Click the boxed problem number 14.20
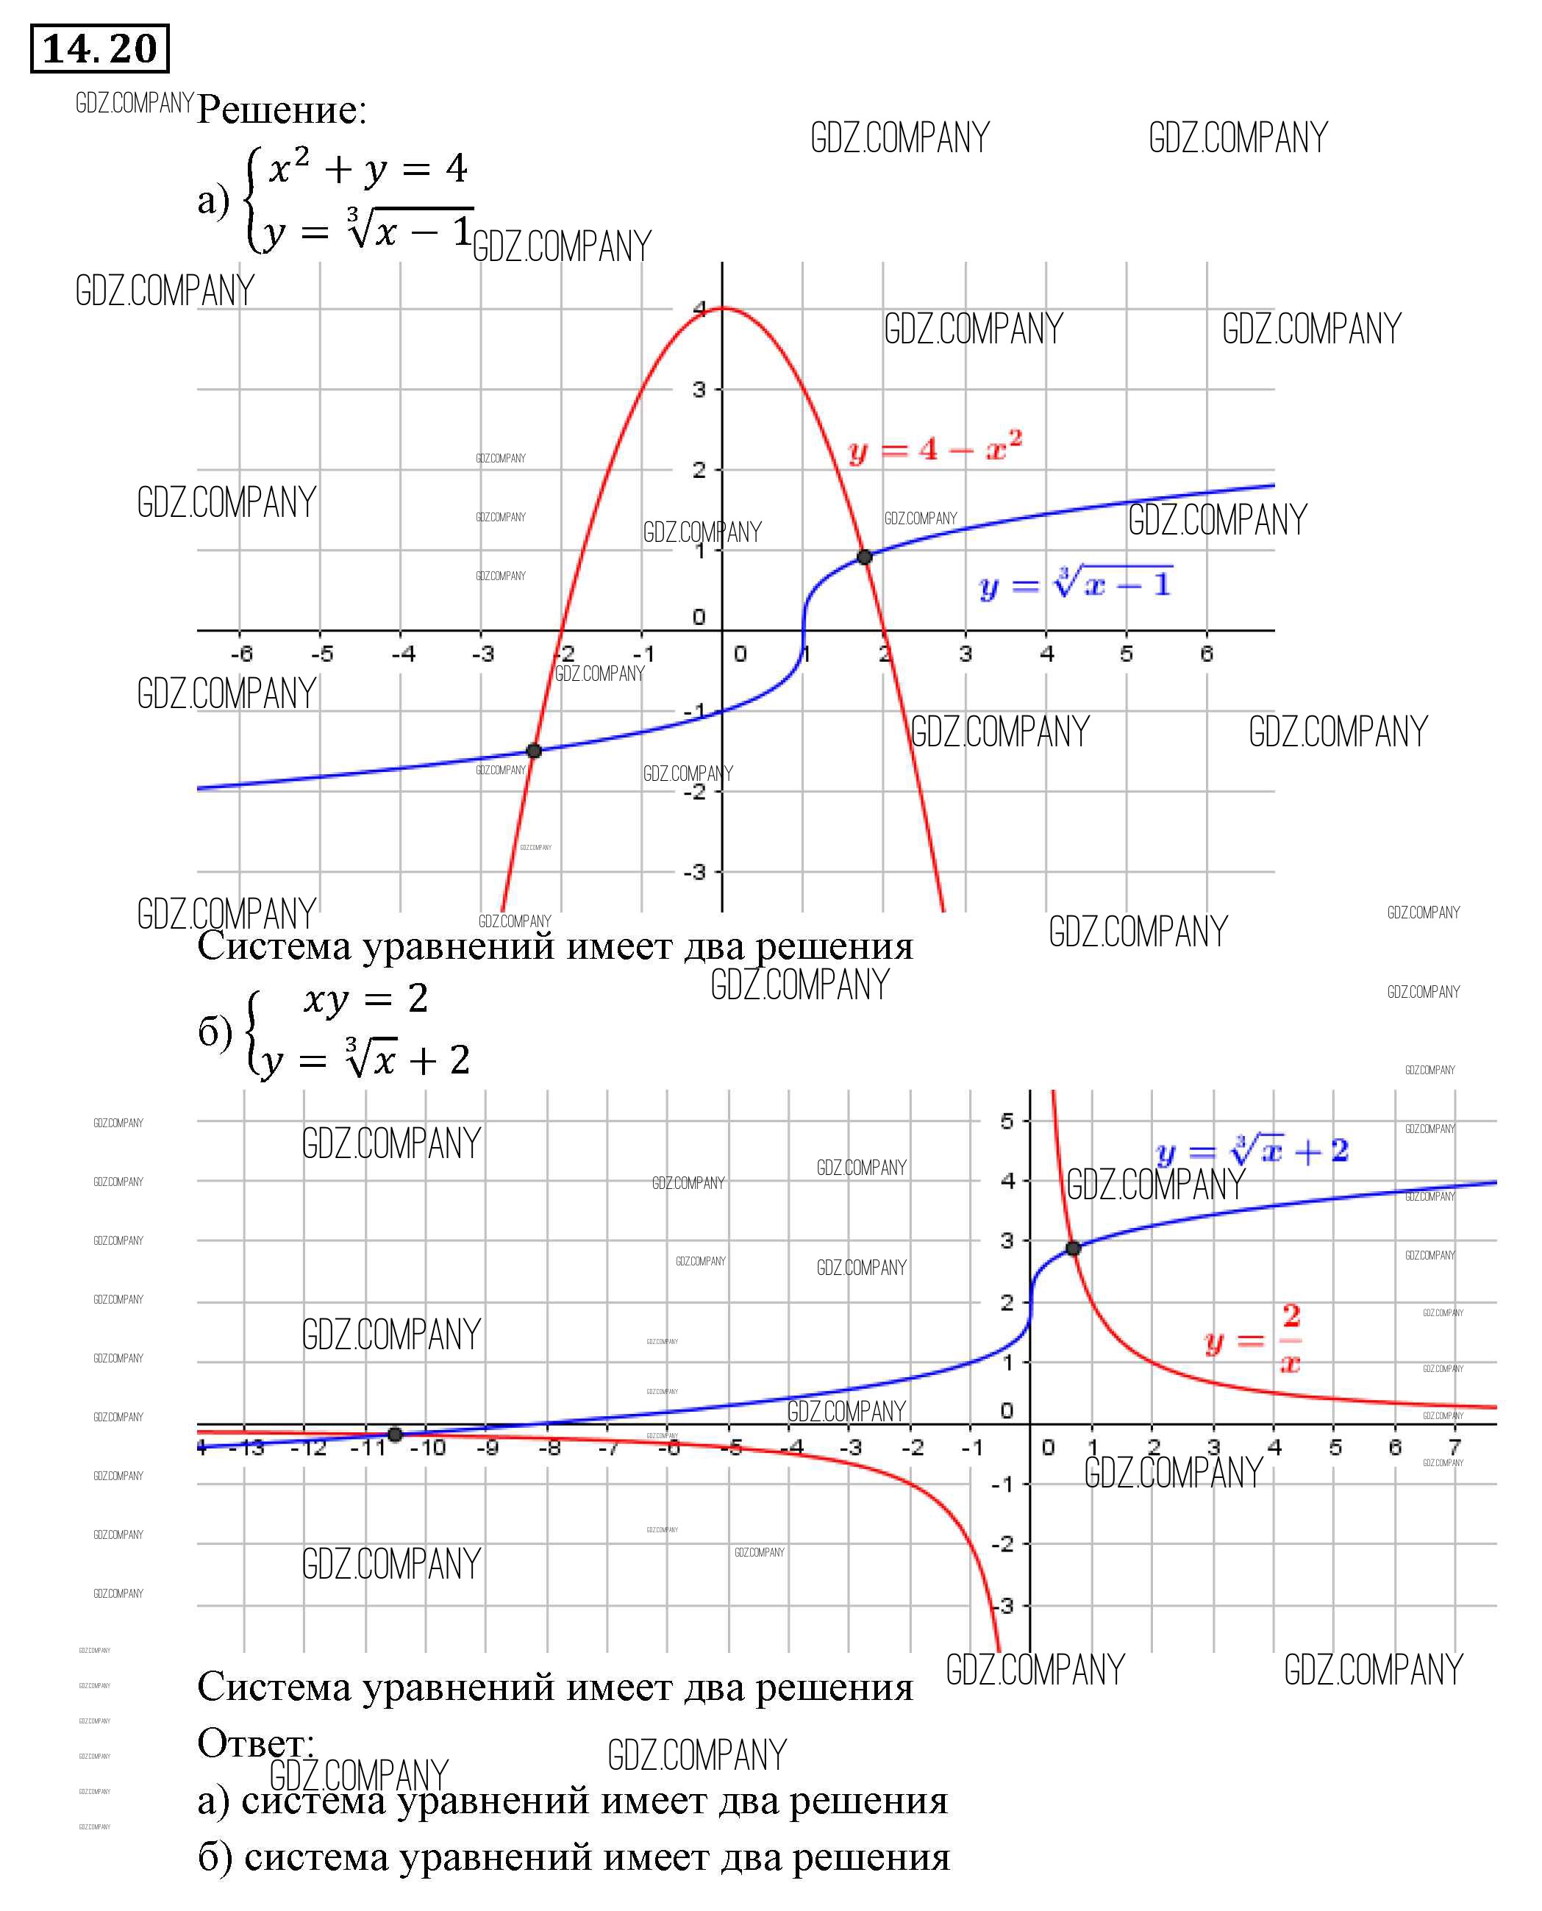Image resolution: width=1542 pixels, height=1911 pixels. (x=99, y=49)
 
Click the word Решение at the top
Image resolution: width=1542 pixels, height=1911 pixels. (x=281, y=110)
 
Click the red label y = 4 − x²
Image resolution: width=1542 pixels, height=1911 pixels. (x=935, y=448)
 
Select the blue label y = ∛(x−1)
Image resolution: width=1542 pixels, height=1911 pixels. (x=1075, y=583)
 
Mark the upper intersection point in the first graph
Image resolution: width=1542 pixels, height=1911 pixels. (x=864, y=557)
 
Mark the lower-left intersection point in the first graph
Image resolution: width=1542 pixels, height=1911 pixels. (x=534, y=751)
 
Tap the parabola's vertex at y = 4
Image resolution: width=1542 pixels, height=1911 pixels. (x=723, y=308)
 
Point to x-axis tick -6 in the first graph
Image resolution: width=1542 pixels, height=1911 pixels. (x=242, y=654)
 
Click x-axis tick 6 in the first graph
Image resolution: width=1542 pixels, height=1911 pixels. (x=1206, y=654)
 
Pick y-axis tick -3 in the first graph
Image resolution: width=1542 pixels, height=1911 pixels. (x=695, y=871)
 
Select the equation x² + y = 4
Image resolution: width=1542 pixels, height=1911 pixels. (x=368, y=168)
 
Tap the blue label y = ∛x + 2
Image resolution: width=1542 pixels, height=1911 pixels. (x=1252, y=1151)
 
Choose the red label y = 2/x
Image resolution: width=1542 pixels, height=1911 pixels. (x=1253, y=1339)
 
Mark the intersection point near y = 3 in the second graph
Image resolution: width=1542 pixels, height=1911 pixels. (x=1073, y=1248)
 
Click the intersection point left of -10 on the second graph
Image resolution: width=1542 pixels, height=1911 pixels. (x=396, y=1434)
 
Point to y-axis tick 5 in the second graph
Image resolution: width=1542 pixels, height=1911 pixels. (x=1007, y=1121)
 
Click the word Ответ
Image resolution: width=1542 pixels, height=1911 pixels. (x=255, y=1743)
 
